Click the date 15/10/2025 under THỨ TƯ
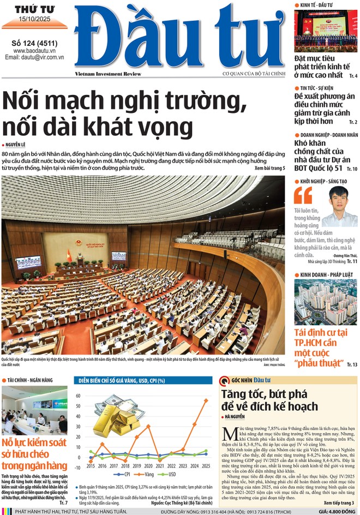click(34, 20)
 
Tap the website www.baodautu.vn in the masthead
click(34, 50)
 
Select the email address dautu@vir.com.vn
click(34, 57)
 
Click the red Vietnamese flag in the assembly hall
click(69, 255)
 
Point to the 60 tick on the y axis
click(78, 396)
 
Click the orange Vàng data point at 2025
click(206, 400)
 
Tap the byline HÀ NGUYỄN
click(237, 417)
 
